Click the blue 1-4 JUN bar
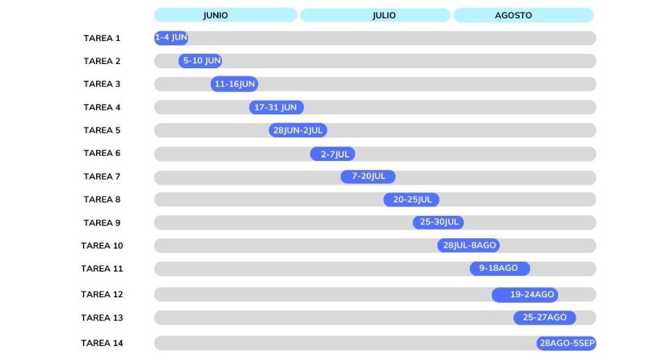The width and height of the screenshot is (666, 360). coord(171,38)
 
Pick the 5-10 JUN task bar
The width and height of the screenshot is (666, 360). coord(200,61)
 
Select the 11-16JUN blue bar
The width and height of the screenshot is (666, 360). coord(235,84)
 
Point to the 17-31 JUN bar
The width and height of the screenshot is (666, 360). coord(276,107)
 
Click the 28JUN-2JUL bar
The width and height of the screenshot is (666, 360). coord(298,130)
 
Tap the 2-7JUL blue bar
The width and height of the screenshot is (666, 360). coord(333,154)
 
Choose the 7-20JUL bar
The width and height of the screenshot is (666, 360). coord(367,177)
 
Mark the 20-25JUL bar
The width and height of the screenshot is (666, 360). coord(411,200)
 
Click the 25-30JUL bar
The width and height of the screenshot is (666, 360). coord(438,223)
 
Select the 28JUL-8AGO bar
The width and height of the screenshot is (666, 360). coord(468,246)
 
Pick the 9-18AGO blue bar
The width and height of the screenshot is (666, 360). coord(500,269)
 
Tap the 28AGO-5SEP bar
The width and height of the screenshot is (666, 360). coord(566,343)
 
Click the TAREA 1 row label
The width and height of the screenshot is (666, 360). coord(102,38)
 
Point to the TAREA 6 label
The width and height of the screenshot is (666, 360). coord(102,154)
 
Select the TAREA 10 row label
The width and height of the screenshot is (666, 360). coord(102,246)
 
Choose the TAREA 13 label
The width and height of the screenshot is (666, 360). coord(102,318)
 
